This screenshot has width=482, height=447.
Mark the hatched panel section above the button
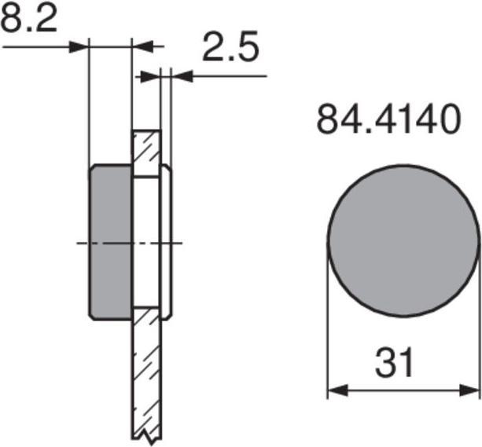pyautogui.click(x=146, y=153)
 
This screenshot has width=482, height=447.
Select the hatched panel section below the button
pyautogui.click(x=146, y=369)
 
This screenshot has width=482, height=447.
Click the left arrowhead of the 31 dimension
pyautogui.click(x=334, y=390)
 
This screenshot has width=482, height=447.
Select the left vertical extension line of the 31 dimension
pyautogui.click(x=328, y=330)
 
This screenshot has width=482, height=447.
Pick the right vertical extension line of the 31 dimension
pyautogui.click(x=478, y=330)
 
